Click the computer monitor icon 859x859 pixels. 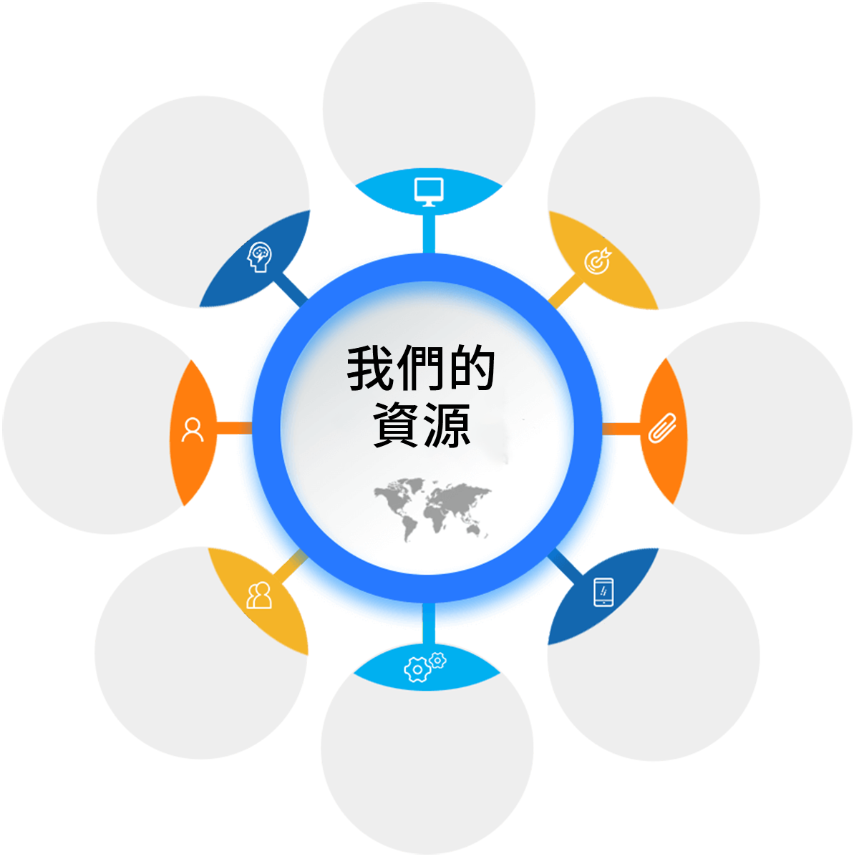pyautogui.click(x=429, y=192)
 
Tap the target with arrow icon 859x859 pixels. pyautogui.click(x=598, y=261)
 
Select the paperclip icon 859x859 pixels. pyautogui.click(x=662, y=428)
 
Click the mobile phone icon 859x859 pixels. pyautogui.click(x=603, y=592)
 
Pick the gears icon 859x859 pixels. pyautogui.click(x=424, y=667)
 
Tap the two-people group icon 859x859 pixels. pyautogui.click(x=259, y=595)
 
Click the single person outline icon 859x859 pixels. pyautogui.click(x=193, y=429)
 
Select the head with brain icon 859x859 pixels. pyautogui.click(x=259, y=257)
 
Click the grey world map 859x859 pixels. pyautogui.click(x=432, y=510)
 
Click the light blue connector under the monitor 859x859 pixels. pyautogui.click(x=429, y=233)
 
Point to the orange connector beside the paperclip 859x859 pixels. pyautogui.click(x=621, y=429)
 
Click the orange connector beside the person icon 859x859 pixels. pyautogui.click(x=234, y=428)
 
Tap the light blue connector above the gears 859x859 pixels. pyautogui.click(x=429, y=624)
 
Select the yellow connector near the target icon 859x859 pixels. pyautogui.click(x=566, y=291)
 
